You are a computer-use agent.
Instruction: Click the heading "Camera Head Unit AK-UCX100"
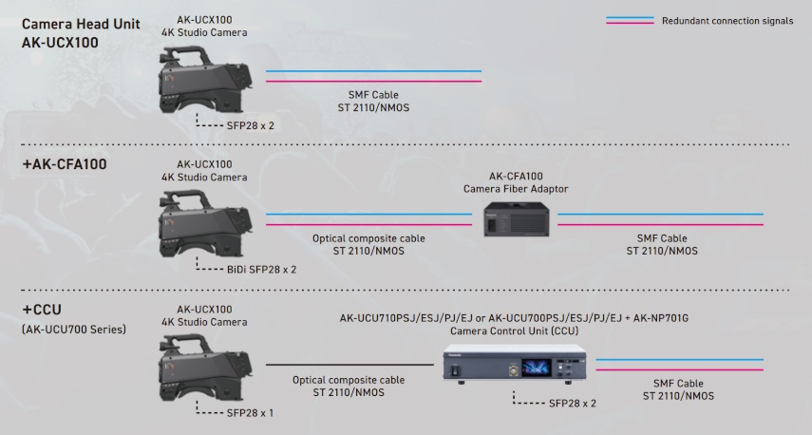coord(81,33)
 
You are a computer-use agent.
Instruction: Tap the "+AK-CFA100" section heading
coord(65,164)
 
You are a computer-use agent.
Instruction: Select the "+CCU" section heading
coord(42,310)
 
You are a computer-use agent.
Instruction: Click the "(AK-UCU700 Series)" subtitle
coord(74,330)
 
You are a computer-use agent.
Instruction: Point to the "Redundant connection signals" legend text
coord(727,21)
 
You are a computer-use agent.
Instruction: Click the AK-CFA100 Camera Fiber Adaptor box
coord(517,219)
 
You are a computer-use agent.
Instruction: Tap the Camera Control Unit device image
coord(515,364)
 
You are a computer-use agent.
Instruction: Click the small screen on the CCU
coord(537,368)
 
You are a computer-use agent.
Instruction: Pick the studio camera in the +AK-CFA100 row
coord(205,223)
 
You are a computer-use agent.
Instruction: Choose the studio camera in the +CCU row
coord(205,368)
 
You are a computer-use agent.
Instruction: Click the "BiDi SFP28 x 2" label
coord(261,270)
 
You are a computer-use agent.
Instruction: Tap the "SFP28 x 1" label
coord(250,413)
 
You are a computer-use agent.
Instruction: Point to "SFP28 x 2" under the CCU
coord(573,404)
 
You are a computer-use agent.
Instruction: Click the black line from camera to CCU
coord(350,365)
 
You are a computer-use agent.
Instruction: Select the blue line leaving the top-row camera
coord(373,71)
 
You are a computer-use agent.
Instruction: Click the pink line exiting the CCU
coord(679,369)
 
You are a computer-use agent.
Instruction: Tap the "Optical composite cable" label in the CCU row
coord(349,380)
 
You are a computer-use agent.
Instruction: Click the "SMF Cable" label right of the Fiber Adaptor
coord(662,238)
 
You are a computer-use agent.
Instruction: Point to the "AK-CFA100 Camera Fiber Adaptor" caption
coord(516,182)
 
